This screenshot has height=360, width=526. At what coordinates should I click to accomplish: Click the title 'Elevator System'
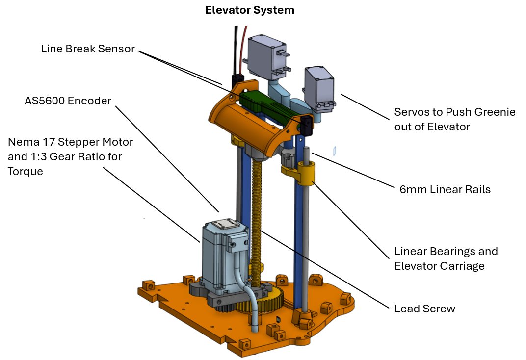250,10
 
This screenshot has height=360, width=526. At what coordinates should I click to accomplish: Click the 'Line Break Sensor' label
87,49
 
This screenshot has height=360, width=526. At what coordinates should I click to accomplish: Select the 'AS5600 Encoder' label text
68,101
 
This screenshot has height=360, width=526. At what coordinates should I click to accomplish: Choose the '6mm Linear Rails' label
445,189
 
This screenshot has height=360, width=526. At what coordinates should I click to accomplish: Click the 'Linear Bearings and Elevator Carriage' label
446,258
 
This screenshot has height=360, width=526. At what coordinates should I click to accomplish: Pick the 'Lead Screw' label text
425,309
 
